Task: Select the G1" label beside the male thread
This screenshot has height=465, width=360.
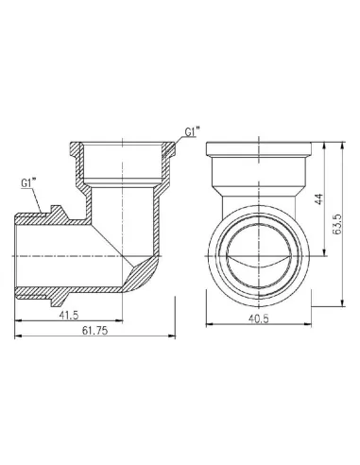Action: point(29,181)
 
